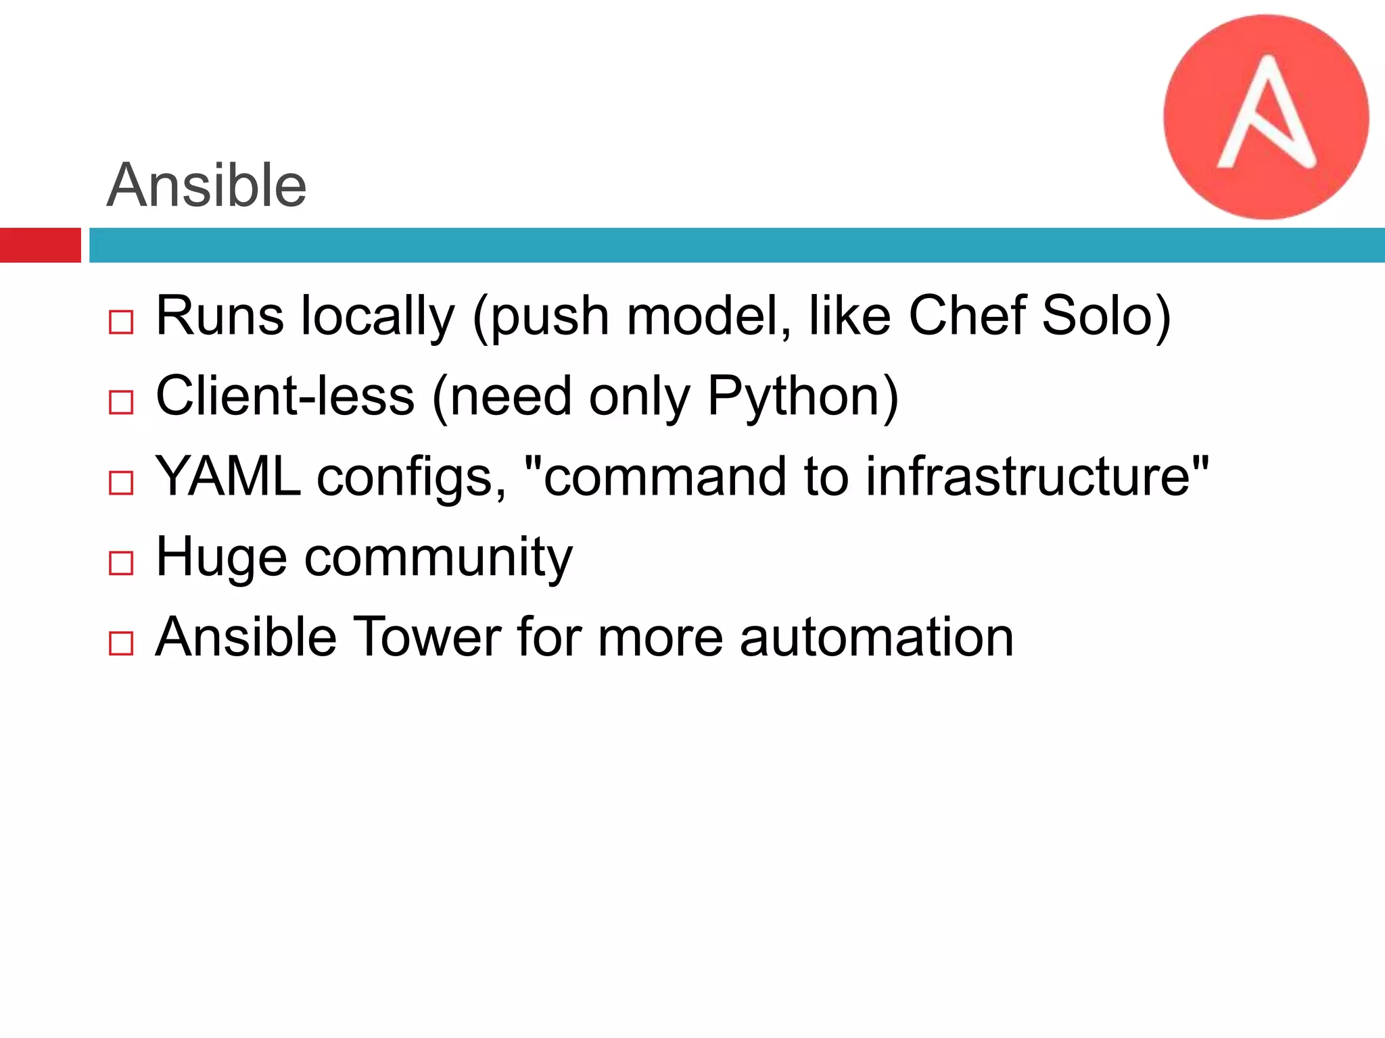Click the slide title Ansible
(207, 185)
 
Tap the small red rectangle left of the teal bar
(40, 245)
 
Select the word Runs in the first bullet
(220, 316)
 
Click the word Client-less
(285, 396)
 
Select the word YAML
(228, 476)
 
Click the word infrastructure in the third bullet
(1028, 476)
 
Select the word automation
(876, 637)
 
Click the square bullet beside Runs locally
(121, 322)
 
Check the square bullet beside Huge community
(121, 563)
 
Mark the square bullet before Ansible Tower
(121, 643)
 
